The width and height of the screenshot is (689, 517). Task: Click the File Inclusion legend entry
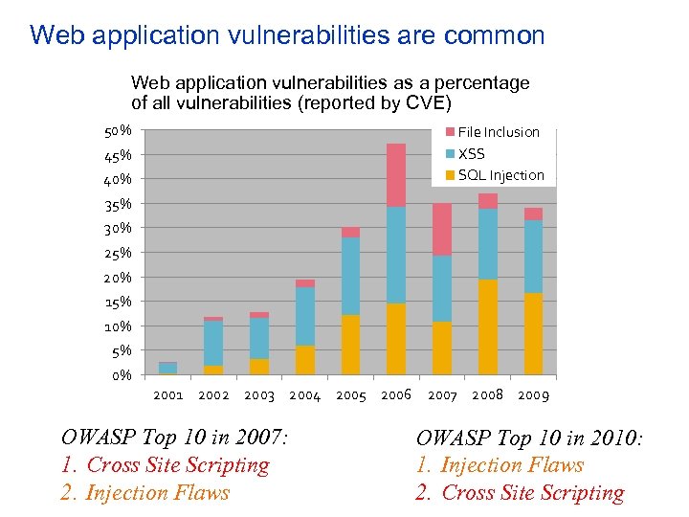(498, 132)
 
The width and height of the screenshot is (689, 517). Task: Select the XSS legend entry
(471, 153)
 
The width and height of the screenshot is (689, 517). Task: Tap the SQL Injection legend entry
(500, 175)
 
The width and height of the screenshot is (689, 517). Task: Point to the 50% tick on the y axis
(118, 130)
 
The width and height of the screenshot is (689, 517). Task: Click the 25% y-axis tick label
(118, 253)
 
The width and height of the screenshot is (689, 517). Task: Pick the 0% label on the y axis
(121, 375)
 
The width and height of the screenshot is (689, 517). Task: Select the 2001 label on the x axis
(168, 395)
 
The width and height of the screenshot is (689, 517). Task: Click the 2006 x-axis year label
(396, 395)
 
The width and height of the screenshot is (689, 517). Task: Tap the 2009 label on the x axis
(533, 395)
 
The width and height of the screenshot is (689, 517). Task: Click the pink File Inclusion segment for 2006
(396, 174)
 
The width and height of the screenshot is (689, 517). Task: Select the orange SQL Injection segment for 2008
(488, 326)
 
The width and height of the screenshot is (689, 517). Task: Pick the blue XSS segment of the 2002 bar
(213, 343)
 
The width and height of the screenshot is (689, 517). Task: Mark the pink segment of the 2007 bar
(442, 229)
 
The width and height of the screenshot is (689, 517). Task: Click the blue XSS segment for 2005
(350, 276)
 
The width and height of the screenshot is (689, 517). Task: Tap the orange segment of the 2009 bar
(533, 333)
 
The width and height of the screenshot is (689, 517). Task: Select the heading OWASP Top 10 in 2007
(174, 438)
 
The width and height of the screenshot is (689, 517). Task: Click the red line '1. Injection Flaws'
(500, 465)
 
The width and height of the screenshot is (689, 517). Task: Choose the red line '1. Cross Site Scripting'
(165, 465)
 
